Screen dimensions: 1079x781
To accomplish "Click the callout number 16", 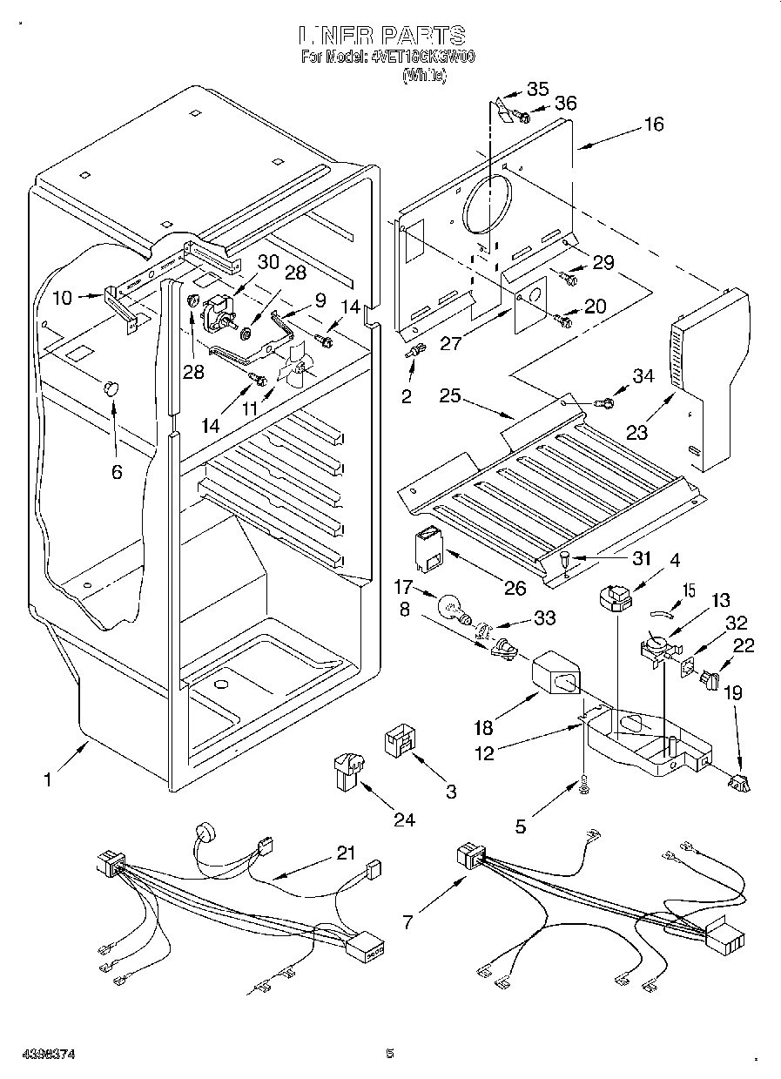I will click(652, 125).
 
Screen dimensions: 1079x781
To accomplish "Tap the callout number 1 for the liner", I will click(47, 780).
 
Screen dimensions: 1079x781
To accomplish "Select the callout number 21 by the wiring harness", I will click(347, 853).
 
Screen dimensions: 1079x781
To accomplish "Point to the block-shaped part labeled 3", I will click(399, 743).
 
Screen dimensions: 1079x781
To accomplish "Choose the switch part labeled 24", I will click(347, 770).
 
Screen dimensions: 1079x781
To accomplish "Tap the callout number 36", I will click(565, 103).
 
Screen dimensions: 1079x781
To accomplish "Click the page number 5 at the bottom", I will click(390, 1054).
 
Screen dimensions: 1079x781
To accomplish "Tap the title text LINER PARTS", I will click(382, 35).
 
